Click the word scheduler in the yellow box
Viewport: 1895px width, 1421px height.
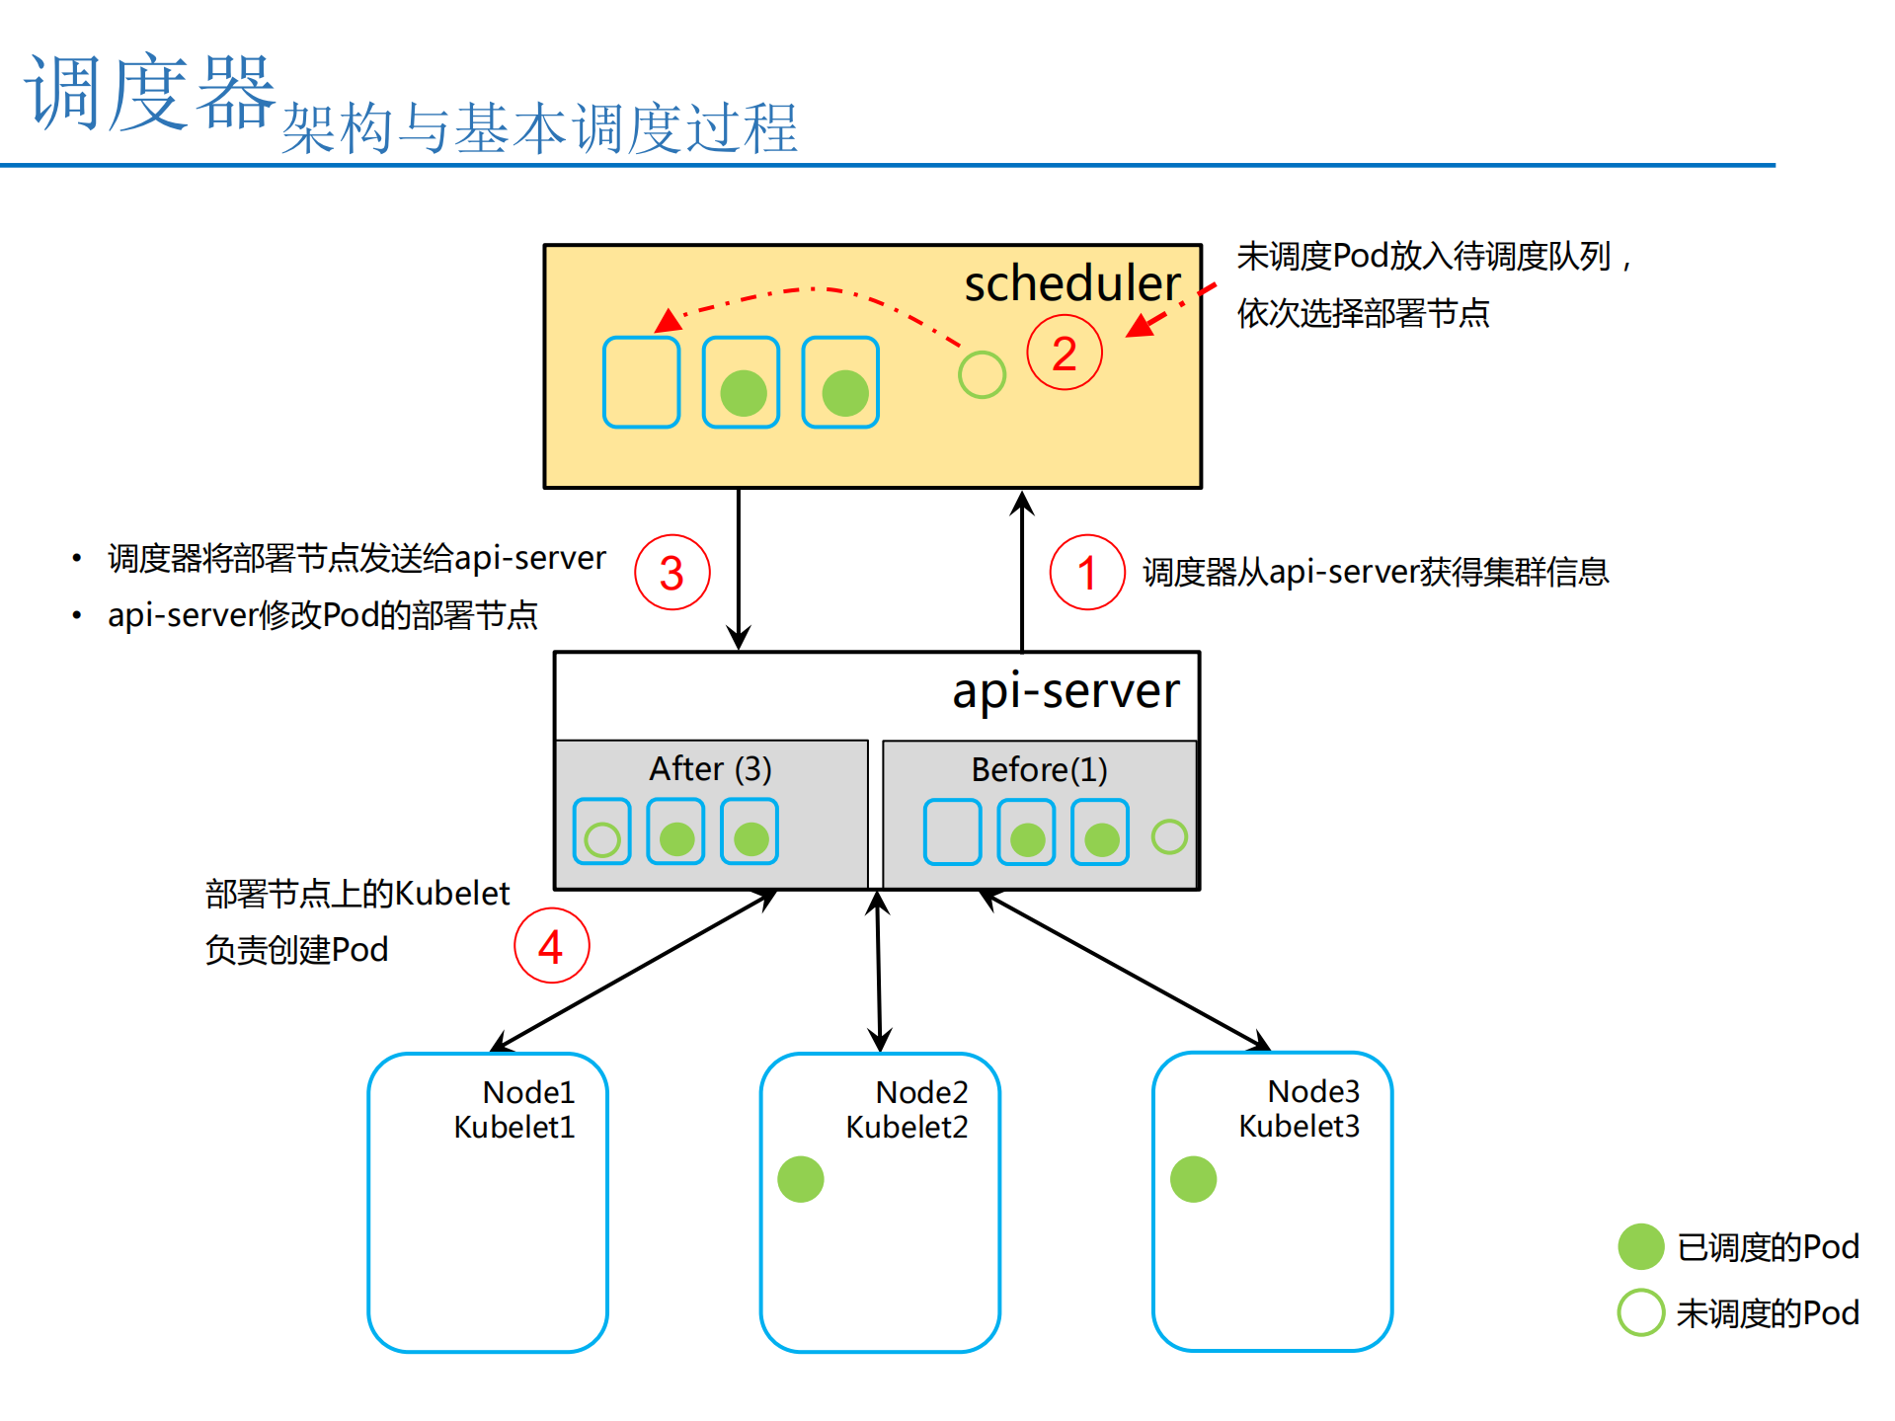click(1071, 284)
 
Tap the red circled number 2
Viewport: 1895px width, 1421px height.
click(1064, 354)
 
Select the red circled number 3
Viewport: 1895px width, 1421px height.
click(671, 573)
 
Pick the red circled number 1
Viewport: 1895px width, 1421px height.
click(1086, 573)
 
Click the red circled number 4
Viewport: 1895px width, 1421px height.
click(551, 946)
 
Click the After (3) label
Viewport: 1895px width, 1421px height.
click(710, 768)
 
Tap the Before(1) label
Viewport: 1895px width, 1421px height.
click(1039, 769)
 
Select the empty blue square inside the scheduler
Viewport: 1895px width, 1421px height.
click(641, 382)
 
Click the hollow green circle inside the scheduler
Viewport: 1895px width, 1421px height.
click(982, 374)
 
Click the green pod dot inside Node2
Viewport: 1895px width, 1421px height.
click(800, 1179)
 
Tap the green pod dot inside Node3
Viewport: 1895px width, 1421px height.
click(1193, 1179)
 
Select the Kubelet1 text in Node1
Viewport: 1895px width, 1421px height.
click(513, 1127)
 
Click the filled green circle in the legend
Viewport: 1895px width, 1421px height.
click(1641, 1246)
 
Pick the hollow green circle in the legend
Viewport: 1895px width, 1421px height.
click(1641, 1312)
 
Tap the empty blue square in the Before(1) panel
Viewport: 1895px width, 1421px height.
click(952, 832)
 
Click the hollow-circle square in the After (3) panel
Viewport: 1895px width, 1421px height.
click(601, 831)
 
